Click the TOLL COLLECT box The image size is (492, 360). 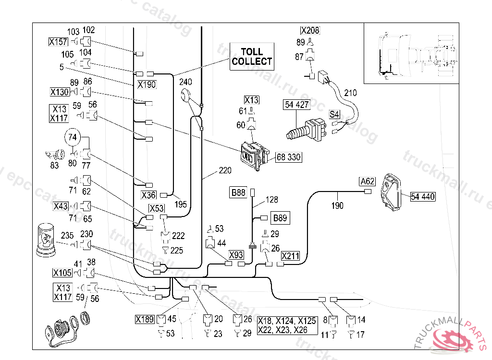[x=252, y=57]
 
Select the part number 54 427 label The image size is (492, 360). [x=297, y=105]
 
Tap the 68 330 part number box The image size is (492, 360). [x=289, y=157]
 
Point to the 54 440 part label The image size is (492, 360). [x=423, y=196]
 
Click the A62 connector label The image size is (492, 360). [x=367, y=181]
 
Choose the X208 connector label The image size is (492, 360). [x=310, y=30]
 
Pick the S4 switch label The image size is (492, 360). [x=334, y=114]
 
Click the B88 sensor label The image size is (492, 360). [x=238, y=193]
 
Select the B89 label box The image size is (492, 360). [x=280, y=218]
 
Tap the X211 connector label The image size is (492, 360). [x=290, y=256]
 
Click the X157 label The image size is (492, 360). [x=58, y=42]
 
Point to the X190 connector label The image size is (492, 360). [x=147, y=84]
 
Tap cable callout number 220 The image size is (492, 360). [x=225, y=170]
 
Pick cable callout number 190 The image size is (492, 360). [x=338, y=205]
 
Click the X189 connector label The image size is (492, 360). [x=144, y=319]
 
